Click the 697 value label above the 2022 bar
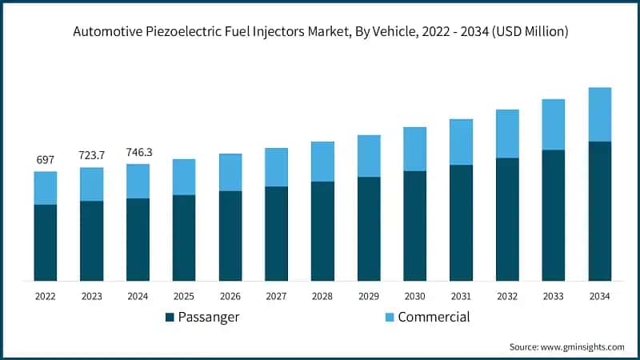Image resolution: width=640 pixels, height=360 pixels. coord(46,161)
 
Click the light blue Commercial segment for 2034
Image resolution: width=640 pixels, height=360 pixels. coord(600,114)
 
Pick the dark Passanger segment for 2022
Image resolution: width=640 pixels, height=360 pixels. coord(46,242)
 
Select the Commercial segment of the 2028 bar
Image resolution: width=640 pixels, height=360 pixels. coord(322,162)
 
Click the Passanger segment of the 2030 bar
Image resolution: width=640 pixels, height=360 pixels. coord(415,226)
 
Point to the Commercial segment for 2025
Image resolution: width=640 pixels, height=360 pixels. coord(184,177)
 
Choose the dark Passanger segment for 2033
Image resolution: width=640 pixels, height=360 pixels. coord(554,215)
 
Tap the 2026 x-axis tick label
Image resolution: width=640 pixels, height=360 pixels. coord(230,296)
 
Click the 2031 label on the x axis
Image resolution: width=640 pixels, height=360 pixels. coord(462,296)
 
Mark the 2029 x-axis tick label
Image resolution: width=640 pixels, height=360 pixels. coord(369,296)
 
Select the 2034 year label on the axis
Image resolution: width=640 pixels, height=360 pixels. coord(600,296)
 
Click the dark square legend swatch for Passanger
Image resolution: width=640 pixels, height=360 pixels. coord(170,318)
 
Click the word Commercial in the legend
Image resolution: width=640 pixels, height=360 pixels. coord(434,317)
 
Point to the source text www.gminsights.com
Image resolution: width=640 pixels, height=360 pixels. coord(582,347)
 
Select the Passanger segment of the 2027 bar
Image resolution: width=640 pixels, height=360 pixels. coord(277,234)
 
